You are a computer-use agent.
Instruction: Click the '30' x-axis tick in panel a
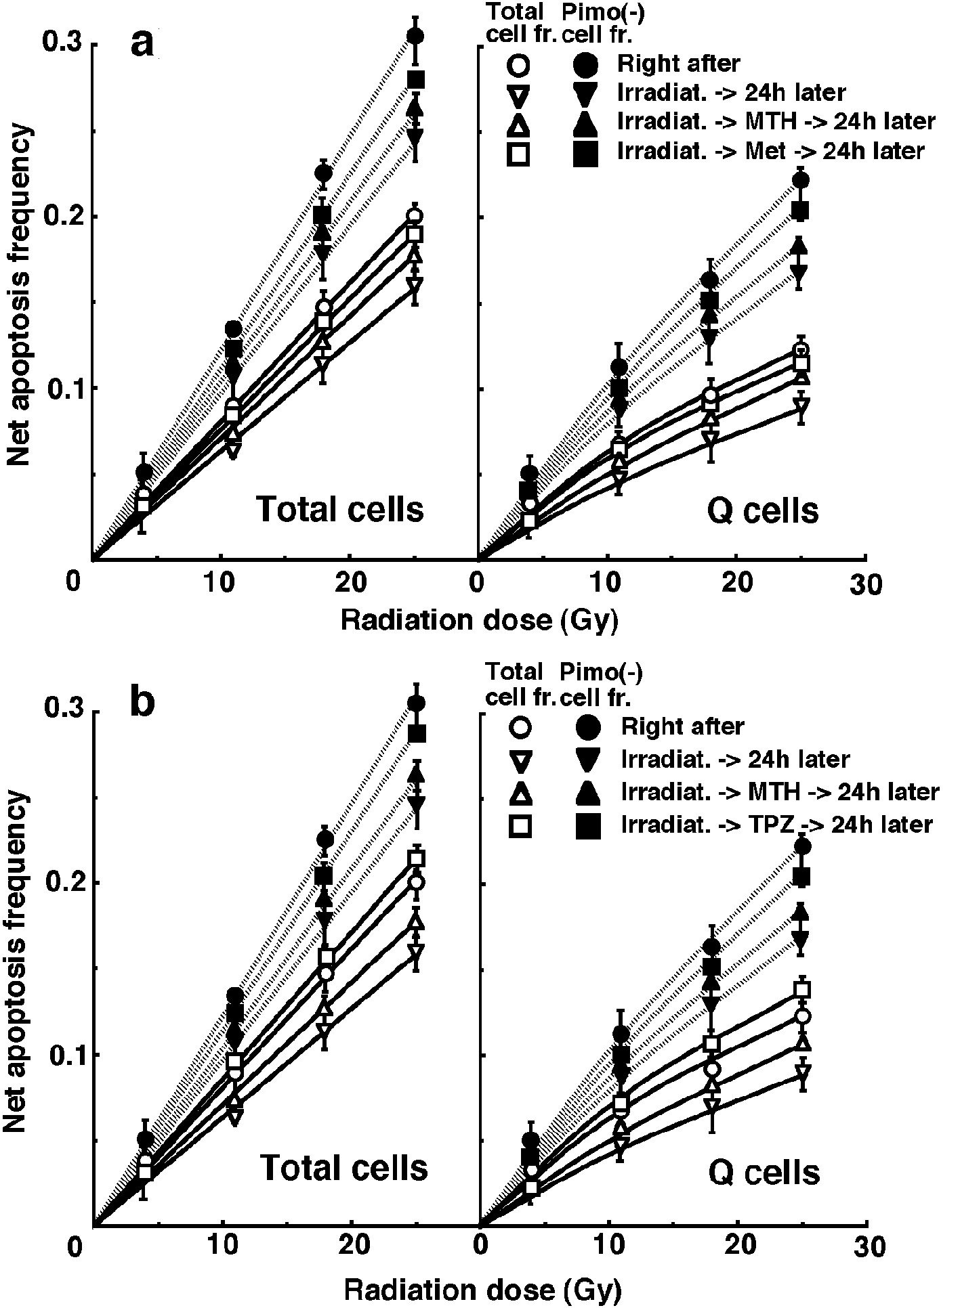(865, 584)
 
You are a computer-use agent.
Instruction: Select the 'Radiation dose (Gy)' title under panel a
(479, 620)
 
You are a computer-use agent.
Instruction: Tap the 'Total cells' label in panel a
(340, 509)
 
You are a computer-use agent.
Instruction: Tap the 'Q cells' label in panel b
(764, 1171)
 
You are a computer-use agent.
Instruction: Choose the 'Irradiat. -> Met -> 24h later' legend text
(770, 151)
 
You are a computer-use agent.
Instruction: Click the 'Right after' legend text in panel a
(678, 64)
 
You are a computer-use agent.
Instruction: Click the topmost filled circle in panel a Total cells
(415, 35)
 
